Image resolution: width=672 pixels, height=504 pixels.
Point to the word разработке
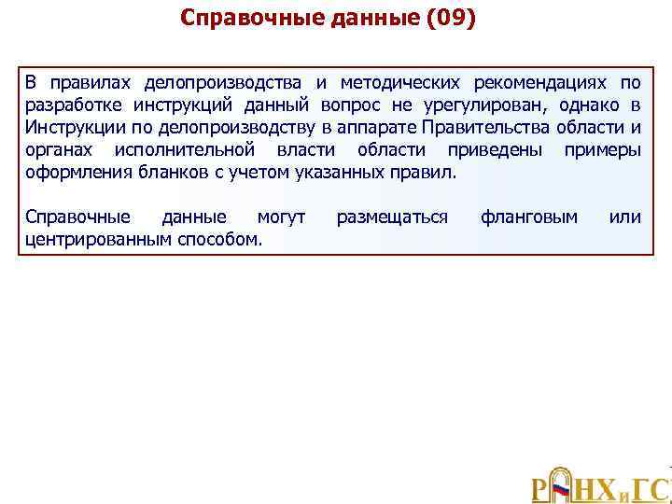70,105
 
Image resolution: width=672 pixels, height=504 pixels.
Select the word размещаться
392,217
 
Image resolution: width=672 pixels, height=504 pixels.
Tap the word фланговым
529,217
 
